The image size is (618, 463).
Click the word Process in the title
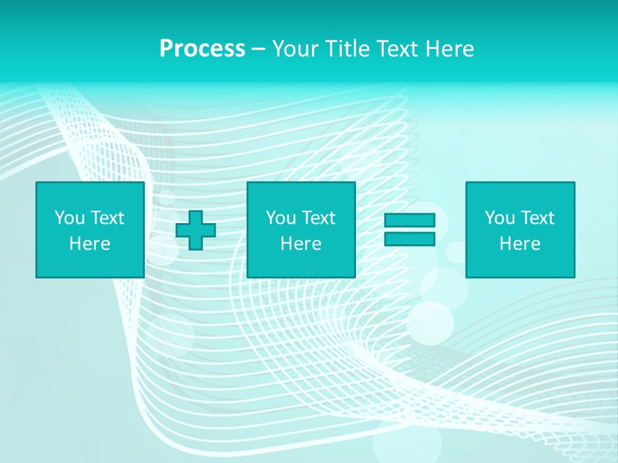tap(202, 49)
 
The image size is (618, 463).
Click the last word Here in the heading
tap(451, 49)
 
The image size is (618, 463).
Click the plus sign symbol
tap(196, 230)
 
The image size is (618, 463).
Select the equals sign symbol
tap(410, 230)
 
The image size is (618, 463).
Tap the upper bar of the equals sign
tap(410, 221)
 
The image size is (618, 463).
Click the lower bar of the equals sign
tap(410, 239)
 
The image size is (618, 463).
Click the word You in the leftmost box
tap(70, 218)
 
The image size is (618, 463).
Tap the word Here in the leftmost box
tap(90, 244)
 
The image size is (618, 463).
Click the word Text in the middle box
tap(319, 218)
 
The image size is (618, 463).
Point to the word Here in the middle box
tap(301, 244)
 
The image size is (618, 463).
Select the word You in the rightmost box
tap(500, 218)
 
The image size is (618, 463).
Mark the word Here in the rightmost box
tap(520, 244)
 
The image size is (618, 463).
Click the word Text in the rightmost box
tap(538, 218)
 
